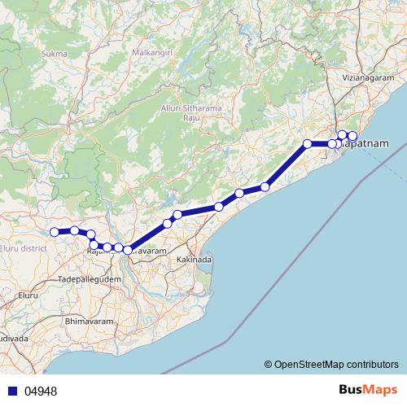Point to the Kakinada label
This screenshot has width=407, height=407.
(195, 260)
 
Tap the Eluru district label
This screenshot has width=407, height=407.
(24, 247)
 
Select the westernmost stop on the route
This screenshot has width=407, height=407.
(55, 232)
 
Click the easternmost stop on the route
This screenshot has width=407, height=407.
(352, 136)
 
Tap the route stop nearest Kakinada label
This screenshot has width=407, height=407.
(177, 215)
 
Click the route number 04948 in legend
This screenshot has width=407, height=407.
(41, 392)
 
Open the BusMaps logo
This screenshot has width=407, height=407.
(368, 391)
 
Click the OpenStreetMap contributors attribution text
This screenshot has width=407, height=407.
(335, 364)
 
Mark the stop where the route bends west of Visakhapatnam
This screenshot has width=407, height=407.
(308, 144)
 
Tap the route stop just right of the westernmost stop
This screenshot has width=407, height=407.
(74, 230)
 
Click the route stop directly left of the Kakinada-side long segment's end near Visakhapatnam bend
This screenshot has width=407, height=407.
(265, 187)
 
